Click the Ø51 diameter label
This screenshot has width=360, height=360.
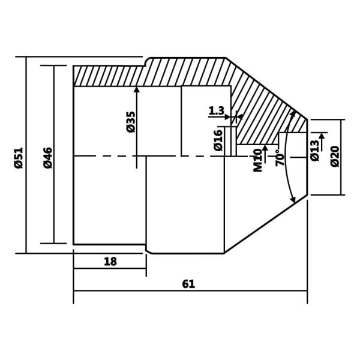(19, 157)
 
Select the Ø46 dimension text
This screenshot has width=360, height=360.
(48, 157)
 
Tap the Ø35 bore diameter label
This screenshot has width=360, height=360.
(131, 121)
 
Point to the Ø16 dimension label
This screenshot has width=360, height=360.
(218, 140)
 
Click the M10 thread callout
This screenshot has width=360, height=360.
(258, 160)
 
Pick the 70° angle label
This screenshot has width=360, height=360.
(280, 158)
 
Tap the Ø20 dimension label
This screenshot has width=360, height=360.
(335, 156)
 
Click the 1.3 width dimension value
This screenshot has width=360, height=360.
(216, 111)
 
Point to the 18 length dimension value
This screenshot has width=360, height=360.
(110, 262)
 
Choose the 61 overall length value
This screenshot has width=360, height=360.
(188, 284)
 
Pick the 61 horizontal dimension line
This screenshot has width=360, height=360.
(240, 291)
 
